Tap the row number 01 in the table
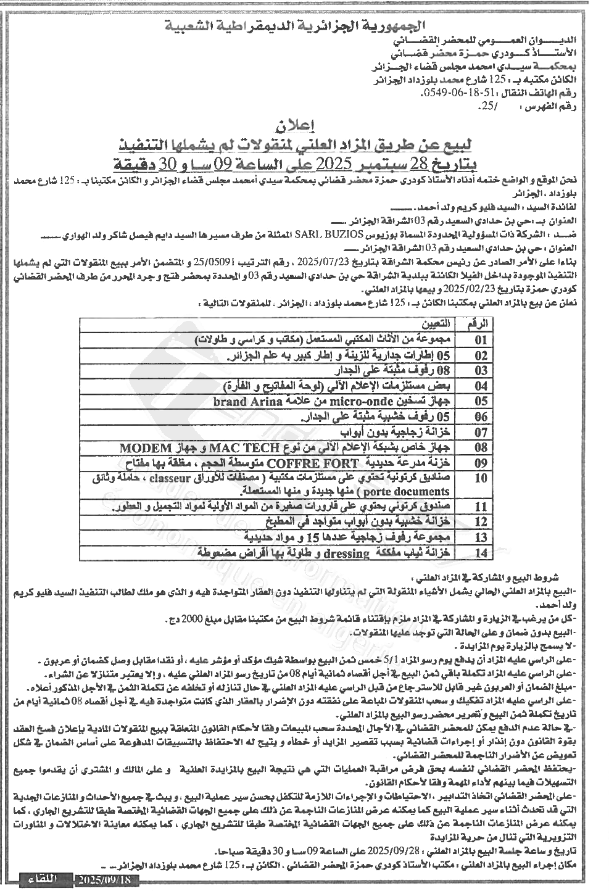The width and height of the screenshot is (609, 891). [x=481, y=340]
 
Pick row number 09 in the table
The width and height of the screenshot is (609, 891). [x=481, y=463]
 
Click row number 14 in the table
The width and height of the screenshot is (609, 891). [x=481, y=553]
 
